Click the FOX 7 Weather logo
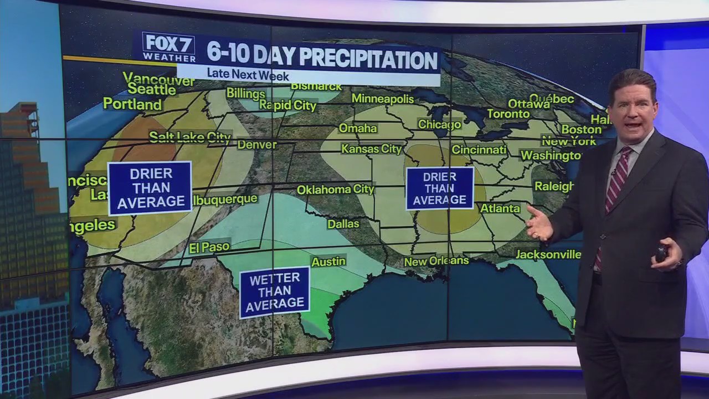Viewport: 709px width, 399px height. pos(169,47)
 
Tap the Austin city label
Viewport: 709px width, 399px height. pos(328,262)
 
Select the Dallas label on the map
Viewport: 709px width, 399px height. pos(343,224)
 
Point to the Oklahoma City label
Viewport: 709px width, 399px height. pos(336,190)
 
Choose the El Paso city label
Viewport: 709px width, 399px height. pos(209,248)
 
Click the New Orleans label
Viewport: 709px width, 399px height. pos(436,261)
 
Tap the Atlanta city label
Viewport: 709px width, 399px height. pos(500,208)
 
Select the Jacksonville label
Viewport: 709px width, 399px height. pos(548,254)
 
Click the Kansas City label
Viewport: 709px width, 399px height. pos(371,149)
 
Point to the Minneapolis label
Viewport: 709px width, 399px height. pos(383,99)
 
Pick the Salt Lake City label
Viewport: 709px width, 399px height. pos(189,137)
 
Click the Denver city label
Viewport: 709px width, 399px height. pos(256,145)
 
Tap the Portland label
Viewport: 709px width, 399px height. pos(132,104)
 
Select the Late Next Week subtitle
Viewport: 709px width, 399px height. pos(248,74)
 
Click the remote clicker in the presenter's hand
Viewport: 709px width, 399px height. pos(661,253)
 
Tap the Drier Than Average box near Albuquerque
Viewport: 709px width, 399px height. pos(150,188)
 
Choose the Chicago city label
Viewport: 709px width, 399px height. pos(439,125)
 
